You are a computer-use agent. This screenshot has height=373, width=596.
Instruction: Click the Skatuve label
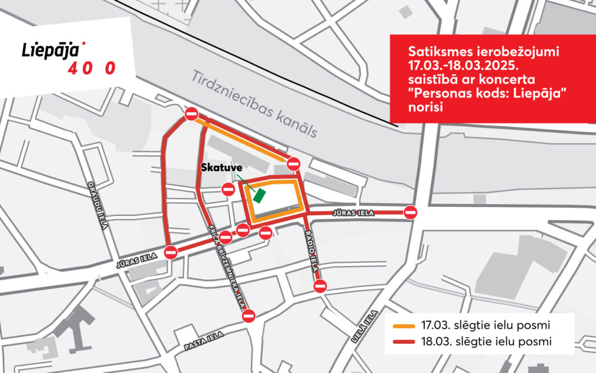(221, 168)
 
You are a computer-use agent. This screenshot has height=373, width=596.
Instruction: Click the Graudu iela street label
(98, 205)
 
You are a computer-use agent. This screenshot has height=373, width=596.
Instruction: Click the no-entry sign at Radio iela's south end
(320, 286)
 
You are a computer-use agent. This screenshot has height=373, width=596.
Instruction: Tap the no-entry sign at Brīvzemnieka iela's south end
(249, 316)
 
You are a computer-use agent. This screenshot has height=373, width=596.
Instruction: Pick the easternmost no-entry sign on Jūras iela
(411, 212)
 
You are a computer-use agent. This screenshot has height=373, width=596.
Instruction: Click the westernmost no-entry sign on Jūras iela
(171, 253)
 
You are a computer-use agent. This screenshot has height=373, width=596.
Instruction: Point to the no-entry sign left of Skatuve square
(228, 189)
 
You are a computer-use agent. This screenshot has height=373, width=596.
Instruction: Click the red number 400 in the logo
(92, 68)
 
